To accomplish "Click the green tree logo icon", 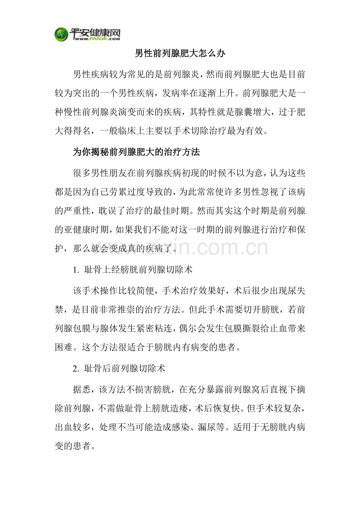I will pyautogui.click(x=61, y=34).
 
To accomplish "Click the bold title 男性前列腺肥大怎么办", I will pyautogui.click(x=180, y=54).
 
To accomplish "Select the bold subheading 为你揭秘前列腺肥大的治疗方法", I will pyautogui.click(x=136, y=152).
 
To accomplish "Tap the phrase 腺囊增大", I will pyautogui.click(x=253, y=113).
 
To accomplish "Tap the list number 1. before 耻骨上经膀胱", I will pyautogui.click(x=76, y=269).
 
